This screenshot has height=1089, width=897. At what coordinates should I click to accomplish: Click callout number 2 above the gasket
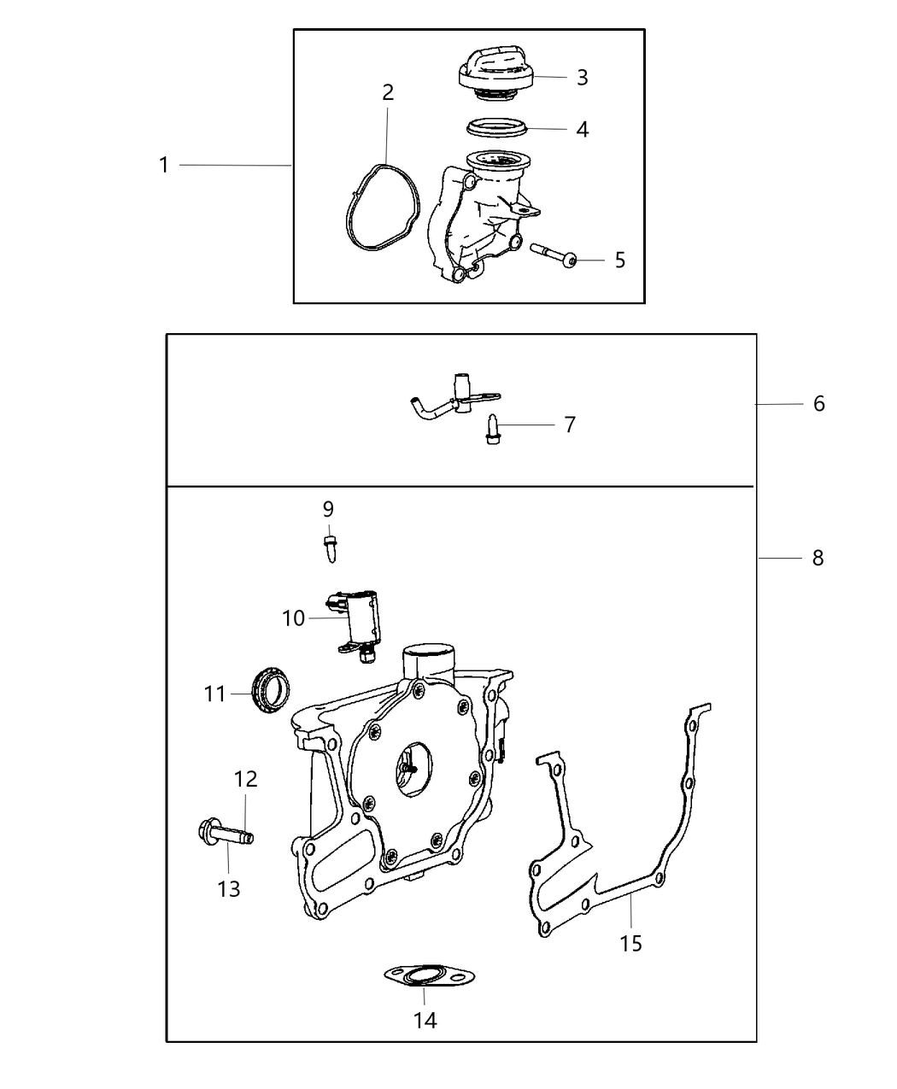(x=388, y=92)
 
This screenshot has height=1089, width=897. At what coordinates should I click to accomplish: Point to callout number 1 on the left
(x=164, y=165)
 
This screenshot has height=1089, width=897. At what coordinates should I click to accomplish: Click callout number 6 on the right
(x=818, y=403)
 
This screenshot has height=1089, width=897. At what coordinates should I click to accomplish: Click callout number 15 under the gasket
(x=630, y=943)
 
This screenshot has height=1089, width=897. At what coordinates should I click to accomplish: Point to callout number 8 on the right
(x=818, y=558)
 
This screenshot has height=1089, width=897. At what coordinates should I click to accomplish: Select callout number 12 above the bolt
(x=245, y=779)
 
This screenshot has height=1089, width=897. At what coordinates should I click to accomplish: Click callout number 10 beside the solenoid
(x=293, y=618)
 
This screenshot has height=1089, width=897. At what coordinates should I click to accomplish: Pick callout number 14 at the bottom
(x=425, y=1020)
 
